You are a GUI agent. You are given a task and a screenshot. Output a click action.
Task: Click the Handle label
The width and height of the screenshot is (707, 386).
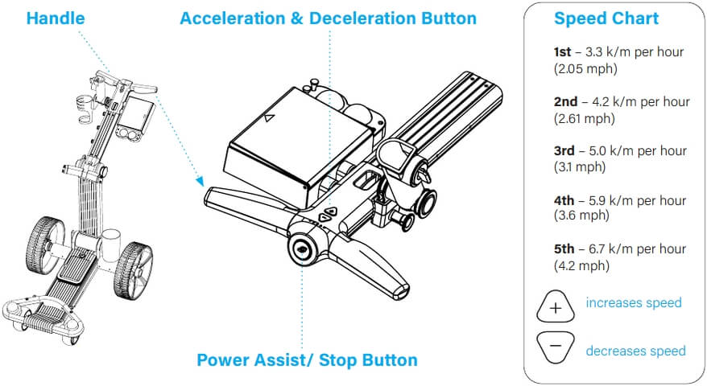click(x=56, y=18)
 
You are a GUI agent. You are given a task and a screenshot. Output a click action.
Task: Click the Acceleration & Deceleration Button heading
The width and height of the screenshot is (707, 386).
click(x=328, y=18)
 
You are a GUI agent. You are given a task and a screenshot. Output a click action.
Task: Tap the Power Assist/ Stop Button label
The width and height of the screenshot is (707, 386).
click(x=307, y=359)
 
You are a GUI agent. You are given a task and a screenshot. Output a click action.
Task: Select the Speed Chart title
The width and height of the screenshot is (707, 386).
click(x=606, y=18)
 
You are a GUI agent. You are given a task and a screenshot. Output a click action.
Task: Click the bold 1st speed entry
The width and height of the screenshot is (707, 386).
click(x=562, y=51)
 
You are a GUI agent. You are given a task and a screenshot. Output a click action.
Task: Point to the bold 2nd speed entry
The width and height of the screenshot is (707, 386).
click(x=564, y=101)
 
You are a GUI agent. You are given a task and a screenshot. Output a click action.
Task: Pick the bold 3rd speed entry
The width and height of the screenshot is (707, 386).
click(x=564, y=151)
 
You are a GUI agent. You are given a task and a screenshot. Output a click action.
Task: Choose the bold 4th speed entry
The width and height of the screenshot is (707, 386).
click(x=564, y=200)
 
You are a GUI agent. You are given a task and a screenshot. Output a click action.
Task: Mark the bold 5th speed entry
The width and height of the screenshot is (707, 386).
click(x=564, y=249)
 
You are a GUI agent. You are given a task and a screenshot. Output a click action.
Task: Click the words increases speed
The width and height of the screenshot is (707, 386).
click(x=633, y=303)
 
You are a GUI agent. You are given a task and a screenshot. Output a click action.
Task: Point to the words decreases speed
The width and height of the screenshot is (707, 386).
click(x=635, y=351)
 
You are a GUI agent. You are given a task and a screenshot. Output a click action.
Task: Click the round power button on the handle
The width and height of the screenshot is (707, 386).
click(x=304, y=248)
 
